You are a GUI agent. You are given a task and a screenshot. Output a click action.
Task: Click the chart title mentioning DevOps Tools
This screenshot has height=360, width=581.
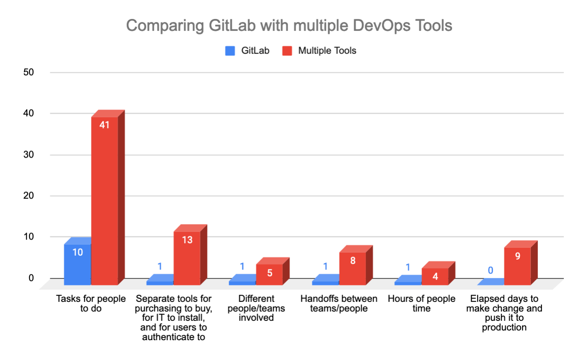pyautogui.click(x=289, y=26)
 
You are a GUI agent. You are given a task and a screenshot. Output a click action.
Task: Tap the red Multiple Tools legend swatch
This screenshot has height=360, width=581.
pyautogui.click(x=287, y=51)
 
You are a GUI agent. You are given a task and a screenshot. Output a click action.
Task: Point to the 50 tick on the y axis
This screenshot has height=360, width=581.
pyautogui.click(x=29, y=73)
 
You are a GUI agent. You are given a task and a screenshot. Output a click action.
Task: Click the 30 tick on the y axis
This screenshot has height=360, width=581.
pyautogui.click(x=29, y=155)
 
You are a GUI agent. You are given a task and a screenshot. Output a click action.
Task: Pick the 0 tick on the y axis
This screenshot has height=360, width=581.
pyautogui.click(x=31, y=278)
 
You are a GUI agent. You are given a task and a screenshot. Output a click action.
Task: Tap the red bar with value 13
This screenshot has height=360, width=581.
pyautogui.click(x=187, y=257)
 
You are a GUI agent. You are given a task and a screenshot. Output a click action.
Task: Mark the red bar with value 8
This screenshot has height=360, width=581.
pyautogui.click(x=352, y=268)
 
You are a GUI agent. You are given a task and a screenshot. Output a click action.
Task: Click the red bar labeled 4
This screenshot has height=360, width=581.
pyautogui.click(x=435, y=276)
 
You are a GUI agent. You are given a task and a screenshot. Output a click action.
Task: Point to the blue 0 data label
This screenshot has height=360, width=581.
pyautogui.click(x=490, y=270)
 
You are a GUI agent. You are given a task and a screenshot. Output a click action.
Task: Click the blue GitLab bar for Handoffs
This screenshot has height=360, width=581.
pyautogui.click(x=325, y=282)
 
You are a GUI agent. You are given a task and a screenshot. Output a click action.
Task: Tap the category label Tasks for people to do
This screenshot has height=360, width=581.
pyautogui.click(x=91, y=303)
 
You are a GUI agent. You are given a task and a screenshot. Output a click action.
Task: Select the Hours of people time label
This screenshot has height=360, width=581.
pyautogui.click(x=421, y=303)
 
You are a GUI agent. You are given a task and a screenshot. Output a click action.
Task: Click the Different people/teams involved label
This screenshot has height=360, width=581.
pyautogui.click(x=256, y=308)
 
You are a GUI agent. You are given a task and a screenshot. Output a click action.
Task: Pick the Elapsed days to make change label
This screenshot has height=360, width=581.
pyautogui.click(x=504, y=313)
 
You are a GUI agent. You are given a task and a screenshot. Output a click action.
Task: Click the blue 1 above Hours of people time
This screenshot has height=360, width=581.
pyautogui.click(x=408, y=267)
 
